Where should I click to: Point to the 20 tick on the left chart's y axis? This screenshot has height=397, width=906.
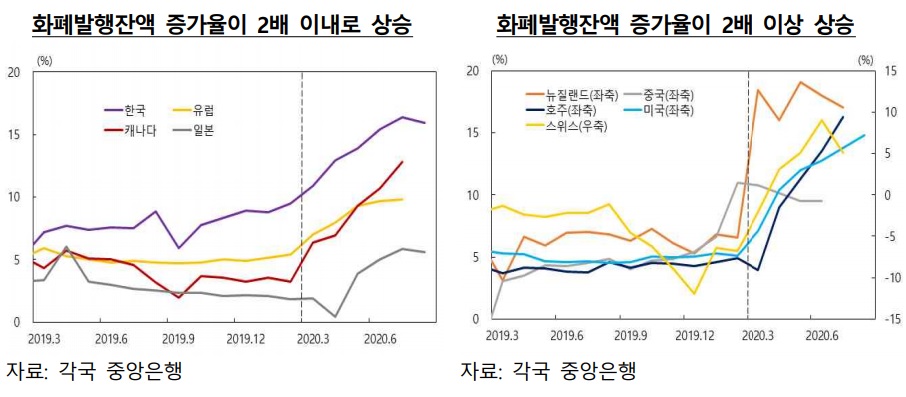13,72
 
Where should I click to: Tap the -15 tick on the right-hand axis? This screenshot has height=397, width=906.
891,319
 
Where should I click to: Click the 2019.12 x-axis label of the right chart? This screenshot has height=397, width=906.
697,333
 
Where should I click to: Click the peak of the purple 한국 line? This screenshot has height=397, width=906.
403,117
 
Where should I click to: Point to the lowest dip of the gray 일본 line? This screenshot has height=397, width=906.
335,316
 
